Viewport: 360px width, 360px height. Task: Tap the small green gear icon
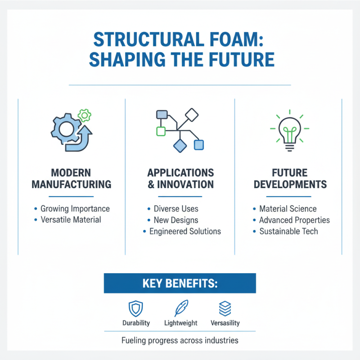coord(84,116)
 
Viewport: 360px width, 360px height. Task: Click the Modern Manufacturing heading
coord(72,179)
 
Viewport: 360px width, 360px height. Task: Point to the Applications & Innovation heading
coord(180,179)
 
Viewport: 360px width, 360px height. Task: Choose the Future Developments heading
coord(289,179)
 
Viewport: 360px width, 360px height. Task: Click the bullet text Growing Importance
coord(75,209)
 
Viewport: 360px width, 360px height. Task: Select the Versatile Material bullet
coord(71,220)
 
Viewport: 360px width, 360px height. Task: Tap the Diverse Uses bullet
coord(175,209)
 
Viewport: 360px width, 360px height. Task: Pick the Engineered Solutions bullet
coord(185,231)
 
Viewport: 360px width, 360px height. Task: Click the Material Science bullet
coord(288,209)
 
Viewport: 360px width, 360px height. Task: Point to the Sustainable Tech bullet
coord(288,231)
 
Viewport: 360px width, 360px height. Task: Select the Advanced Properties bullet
coord(294,220)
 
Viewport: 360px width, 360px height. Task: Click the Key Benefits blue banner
coord(180,283)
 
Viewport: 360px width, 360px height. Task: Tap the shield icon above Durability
coord(135,309)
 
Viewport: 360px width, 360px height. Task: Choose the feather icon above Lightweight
coord(180,309)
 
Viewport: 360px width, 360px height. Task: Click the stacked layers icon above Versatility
coord(225,309)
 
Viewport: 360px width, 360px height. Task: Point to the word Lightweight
coord(180,323)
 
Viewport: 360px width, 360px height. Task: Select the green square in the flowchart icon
coord(161,131)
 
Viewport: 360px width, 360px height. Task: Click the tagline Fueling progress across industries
coord(180,340)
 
